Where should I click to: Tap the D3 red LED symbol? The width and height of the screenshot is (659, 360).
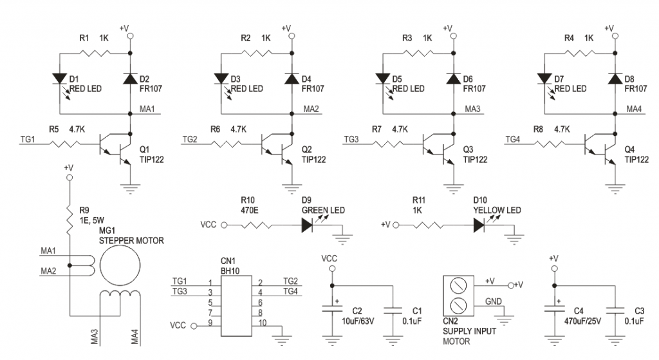click(x=220, y=79)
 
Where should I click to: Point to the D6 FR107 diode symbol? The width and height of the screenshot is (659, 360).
click(x=452, y=79)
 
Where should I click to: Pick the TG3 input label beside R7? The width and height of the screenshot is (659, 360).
click(x=351, y=139)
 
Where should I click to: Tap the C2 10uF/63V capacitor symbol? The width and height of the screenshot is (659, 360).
click(x=332, y=310)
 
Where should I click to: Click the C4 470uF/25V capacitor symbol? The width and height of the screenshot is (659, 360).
click(x=553, y=310)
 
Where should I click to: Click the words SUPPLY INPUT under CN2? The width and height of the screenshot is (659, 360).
click(x=470, y=331)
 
